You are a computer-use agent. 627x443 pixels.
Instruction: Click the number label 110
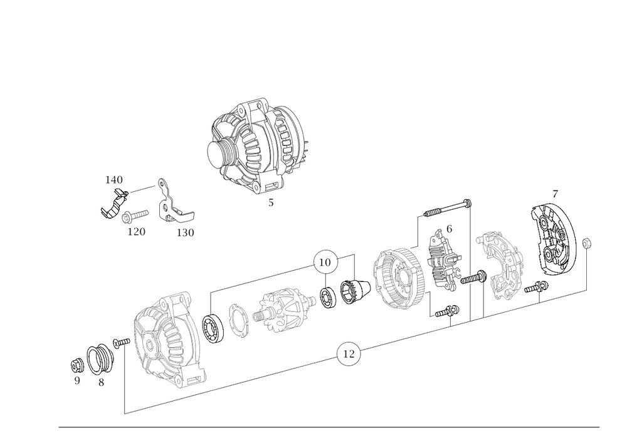[114, 180]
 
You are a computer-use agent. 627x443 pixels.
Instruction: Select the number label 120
[136, 232]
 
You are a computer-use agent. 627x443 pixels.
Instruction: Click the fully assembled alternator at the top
[257, 147]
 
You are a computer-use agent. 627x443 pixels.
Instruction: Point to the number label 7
[555, 193]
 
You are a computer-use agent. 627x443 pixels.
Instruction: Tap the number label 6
[449, 228]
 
